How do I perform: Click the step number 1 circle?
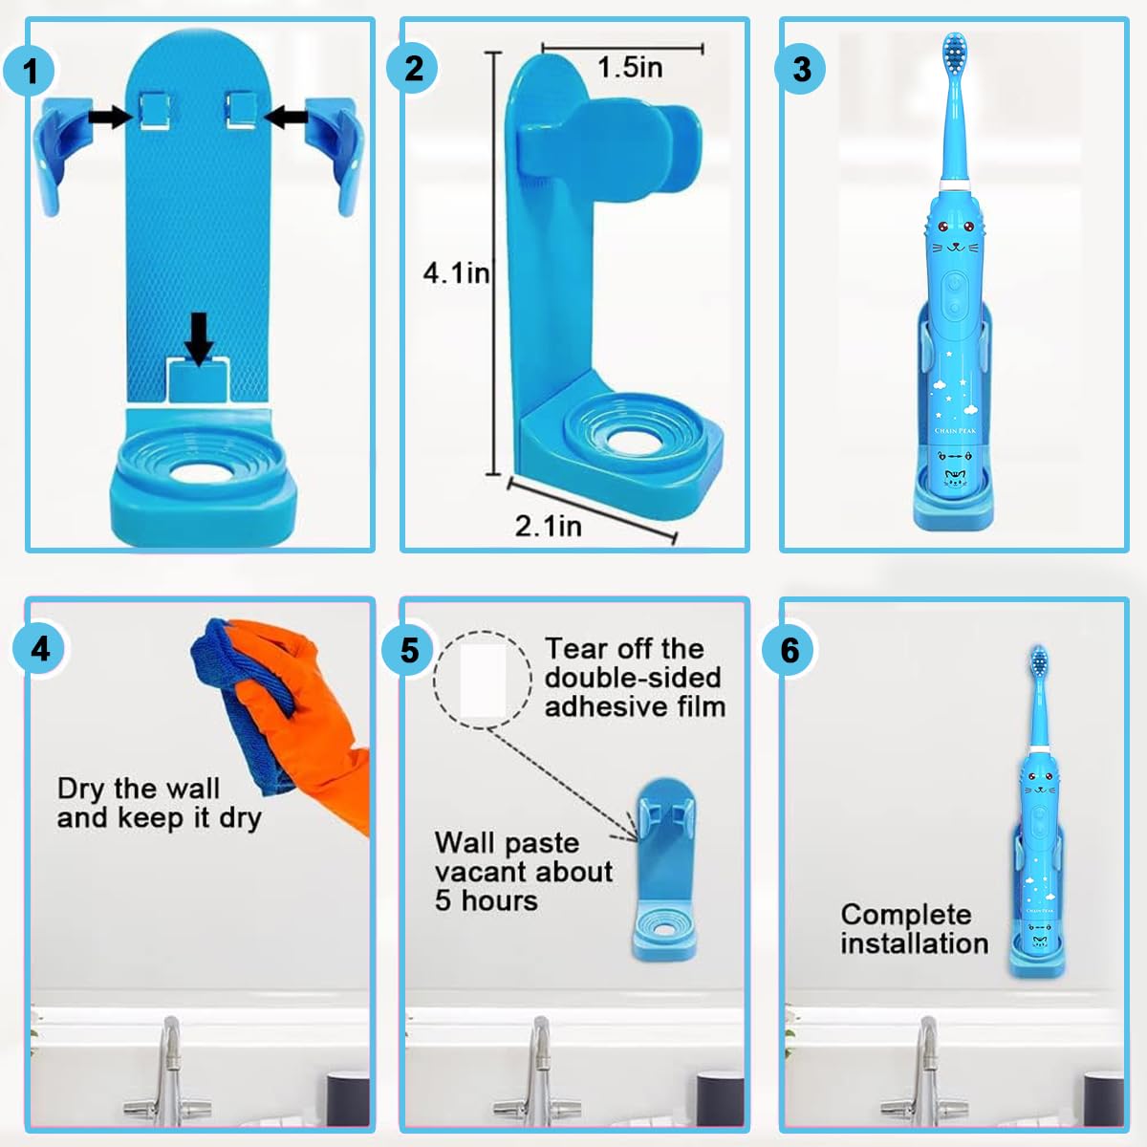(x=32, y=69)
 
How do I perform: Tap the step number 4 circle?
(x=40, y=650)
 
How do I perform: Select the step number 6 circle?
(x=790, y=650)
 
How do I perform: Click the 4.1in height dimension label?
(x=456, y=273)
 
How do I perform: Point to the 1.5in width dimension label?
(x=629, y=68)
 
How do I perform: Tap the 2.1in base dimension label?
(x=548, y=526)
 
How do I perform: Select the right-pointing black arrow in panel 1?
(x=111, y=117)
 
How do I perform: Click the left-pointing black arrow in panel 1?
(x=286, y=117)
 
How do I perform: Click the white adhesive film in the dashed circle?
(x=483, y=680)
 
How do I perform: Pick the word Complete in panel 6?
(x=905, y=915)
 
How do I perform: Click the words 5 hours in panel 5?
(x=486, y=900)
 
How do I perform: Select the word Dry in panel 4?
(x=80, y=789)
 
